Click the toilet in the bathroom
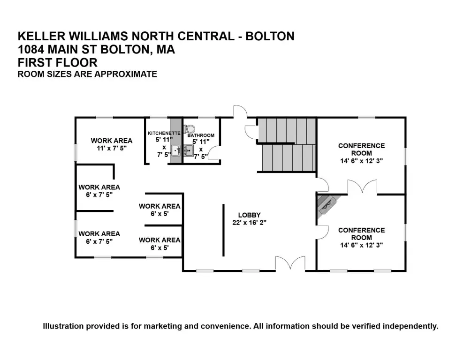coord(190,129)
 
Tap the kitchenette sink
coord(176,150)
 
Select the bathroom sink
coord(189,150)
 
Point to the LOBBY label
coord(249,215)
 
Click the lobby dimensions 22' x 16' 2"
coord(249,223)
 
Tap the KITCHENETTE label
coord(164,133)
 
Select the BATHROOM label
coord(201,135)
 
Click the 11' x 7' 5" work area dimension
coord(112,148)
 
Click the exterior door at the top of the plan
coord(241,111)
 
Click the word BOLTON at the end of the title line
coord(270,36)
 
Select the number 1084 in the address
coord(31,49)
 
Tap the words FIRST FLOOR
coord(58,62)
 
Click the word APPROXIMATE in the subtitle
coord(126,74)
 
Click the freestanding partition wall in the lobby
coord(223,230)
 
